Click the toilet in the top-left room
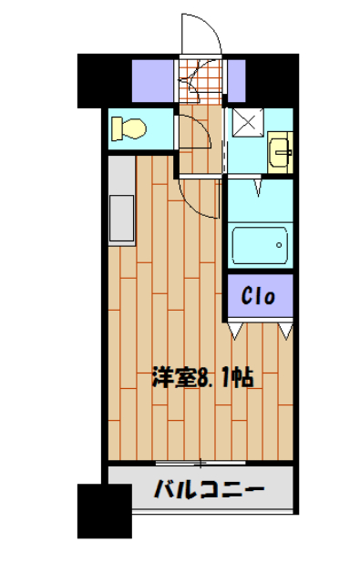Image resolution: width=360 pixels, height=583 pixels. point(129,128)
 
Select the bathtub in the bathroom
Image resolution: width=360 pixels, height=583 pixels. point(260,245)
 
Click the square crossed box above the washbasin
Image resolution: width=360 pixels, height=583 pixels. point(244,123)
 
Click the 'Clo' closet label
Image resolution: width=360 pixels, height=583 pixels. point(260,295)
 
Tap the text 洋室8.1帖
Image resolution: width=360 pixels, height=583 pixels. point(201,376)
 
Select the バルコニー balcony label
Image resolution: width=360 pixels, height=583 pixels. point(209,490)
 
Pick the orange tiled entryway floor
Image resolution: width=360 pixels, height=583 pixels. point(199,82)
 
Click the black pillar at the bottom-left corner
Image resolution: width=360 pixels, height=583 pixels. point(103,510)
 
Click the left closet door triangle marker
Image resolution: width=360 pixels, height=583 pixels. point(237,330)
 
